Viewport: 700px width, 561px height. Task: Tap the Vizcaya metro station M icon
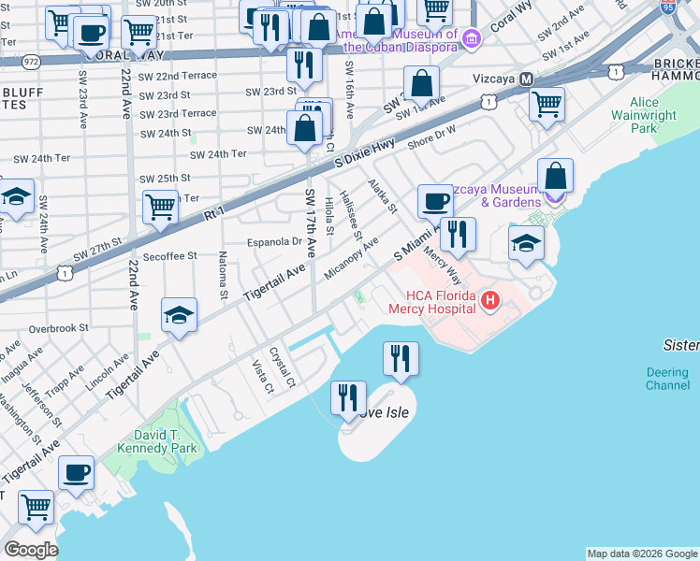click(x=527, y=79)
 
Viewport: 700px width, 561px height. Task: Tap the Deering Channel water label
click(x=667, y=379)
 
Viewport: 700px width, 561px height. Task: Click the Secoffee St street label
click(x=169, y=255)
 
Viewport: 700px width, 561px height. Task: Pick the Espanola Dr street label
click(x=273, y=241)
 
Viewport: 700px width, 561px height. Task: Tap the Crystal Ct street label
click(x=282, y=368)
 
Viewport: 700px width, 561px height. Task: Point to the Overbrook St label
click(x=58, y=328)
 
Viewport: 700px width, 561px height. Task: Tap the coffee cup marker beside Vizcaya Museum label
click(x=434, y=201)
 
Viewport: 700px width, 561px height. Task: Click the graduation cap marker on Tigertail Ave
click(x=179, y=315)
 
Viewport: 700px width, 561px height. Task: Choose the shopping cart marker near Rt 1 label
click(x=161, y=205)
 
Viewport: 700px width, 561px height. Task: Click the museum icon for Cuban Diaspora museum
click(x=472, y=37)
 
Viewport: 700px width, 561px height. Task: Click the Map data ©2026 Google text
click(x=642, y=554)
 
